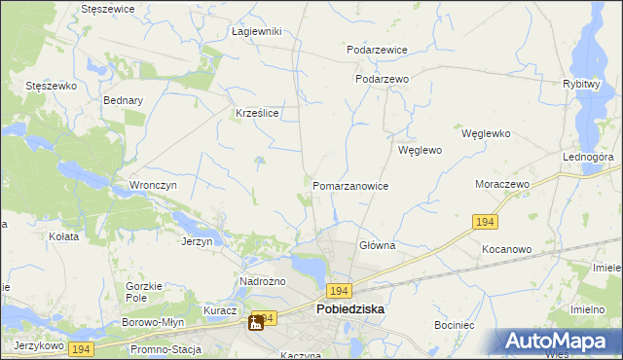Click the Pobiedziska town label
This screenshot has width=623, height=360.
point(349,308)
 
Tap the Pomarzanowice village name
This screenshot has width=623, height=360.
point(350,185)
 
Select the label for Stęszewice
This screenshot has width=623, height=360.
point(108,8)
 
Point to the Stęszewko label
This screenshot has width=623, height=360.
point(51,86)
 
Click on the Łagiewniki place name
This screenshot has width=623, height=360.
point(257,31)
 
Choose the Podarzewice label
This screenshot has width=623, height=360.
point(377,50)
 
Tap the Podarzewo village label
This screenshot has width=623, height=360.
point(382,80)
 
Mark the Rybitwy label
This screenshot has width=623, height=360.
point(580,84)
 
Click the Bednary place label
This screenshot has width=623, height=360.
point(123,99)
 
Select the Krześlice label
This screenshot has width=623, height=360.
point(258,113)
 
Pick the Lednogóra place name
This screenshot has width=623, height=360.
point(587,156)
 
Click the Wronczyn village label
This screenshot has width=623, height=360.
point(152,184)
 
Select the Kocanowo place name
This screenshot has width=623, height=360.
point(506,249)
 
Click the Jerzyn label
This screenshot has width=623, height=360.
point(197,240)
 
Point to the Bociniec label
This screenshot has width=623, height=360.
point(455,323)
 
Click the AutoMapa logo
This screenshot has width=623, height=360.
point(561,341)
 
